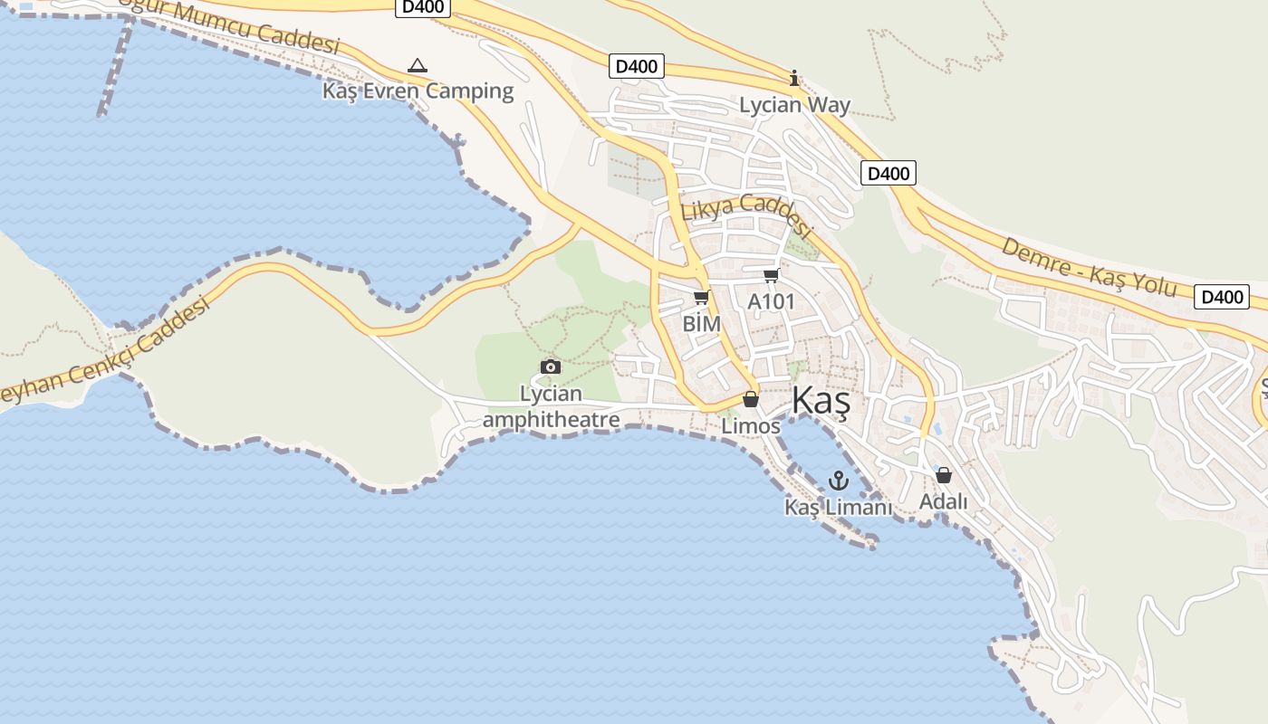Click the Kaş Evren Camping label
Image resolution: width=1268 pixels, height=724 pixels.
coord(418,90)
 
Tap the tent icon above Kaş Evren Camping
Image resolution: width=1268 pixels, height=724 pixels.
coord(417,65)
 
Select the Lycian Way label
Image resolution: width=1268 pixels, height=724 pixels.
coord(794,105)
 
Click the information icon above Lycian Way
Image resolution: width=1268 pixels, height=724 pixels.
coord(794,79)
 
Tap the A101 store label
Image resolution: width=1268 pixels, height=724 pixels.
coord(771,300)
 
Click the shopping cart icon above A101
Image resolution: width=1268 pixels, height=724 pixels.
coord(771,275)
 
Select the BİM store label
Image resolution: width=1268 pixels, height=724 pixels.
coord(702,323)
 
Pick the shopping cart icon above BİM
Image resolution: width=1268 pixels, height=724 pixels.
coord(701,297)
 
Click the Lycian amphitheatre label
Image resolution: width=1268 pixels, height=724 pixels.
coord(551,406)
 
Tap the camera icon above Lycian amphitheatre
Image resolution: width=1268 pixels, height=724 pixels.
coord(550,367)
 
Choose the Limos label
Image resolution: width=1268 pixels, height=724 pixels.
coord(751,425)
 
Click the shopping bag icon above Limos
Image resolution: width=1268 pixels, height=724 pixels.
coord(750,399)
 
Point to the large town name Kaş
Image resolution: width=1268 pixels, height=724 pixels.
coord(821,401)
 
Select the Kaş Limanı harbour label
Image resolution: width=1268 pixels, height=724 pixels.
coord(838,507)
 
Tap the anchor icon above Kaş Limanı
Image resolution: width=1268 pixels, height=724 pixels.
coord(838,480)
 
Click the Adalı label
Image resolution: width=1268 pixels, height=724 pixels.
coord(943,501)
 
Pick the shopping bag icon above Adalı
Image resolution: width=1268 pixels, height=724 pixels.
coord(943,475)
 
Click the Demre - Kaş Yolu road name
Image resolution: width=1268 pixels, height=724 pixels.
coord(1088,267)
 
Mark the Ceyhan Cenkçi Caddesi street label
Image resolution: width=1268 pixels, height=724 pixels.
coord(104,348)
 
